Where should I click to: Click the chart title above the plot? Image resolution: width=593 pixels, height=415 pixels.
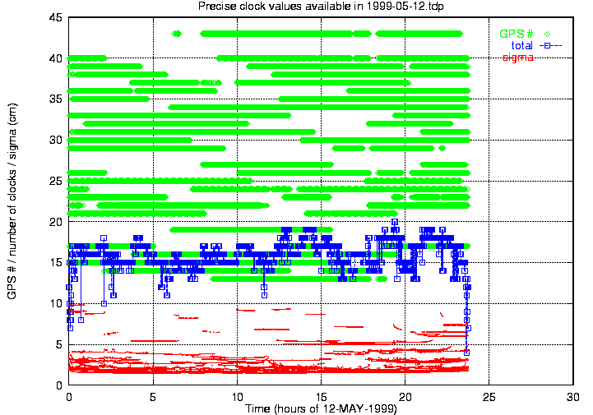[321, 6]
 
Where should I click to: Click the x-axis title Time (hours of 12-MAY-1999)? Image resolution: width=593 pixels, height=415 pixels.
[321, 408]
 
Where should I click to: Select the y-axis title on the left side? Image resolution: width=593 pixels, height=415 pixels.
[12, 201]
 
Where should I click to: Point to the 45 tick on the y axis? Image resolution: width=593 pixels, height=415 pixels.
[56, 17]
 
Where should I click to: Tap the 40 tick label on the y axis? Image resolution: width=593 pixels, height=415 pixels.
[56, 58]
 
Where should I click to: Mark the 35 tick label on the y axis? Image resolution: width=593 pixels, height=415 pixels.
[56, 99]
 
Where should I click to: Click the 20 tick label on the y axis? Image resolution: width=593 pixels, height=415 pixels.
[56, 222]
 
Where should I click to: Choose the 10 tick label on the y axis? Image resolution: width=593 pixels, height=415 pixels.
[56, 303]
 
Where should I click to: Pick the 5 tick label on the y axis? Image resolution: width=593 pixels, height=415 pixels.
[59, 344]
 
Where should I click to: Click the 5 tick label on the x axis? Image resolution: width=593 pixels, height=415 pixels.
[153, 397]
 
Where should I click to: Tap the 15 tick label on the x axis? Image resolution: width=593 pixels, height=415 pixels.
[321, 397]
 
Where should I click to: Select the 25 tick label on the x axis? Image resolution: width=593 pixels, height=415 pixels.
[489, 397]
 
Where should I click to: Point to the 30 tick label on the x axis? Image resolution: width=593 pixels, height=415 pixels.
[573, 397]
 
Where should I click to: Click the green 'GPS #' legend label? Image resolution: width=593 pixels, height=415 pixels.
[517, 34]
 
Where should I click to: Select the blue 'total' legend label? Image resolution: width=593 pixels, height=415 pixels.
[522, 46]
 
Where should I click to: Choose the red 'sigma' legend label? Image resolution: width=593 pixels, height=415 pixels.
[518, 58]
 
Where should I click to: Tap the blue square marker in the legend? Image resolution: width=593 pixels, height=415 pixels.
[547, 46]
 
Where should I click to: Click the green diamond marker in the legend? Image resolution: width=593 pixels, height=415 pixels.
[547, 34]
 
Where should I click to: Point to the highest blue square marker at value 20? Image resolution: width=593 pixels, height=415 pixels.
[395, 222]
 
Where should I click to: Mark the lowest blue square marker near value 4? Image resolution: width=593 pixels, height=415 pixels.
[466, 353]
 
